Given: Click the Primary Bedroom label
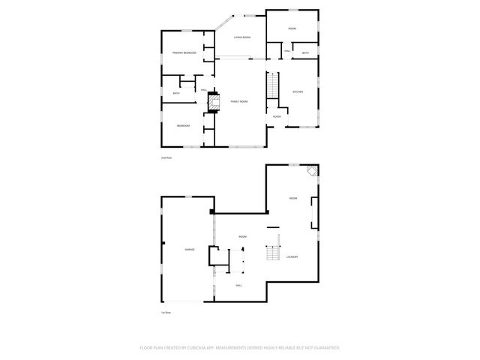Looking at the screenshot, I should point(184,52).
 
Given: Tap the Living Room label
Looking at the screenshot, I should point(241,37).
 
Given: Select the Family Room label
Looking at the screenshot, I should point(238,100).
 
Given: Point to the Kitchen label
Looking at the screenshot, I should point(297,91).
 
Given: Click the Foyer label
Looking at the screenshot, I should point(277,116).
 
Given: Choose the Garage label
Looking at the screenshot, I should point(190,249).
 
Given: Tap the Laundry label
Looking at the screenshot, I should point(292,257).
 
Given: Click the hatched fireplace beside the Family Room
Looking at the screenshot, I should point(212,101).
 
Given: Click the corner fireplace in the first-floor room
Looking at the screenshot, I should point(313,173).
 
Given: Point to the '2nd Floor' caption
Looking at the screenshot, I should point(166,158).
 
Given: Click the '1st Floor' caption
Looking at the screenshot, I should point(165,312).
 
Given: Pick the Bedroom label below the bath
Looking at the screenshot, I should point(183,126).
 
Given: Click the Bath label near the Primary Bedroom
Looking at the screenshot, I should point(176,93).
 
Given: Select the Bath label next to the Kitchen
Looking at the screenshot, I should point(305,53).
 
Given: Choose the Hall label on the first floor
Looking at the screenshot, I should point(238,285).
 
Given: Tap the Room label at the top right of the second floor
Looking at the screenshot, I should point(292,28).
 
